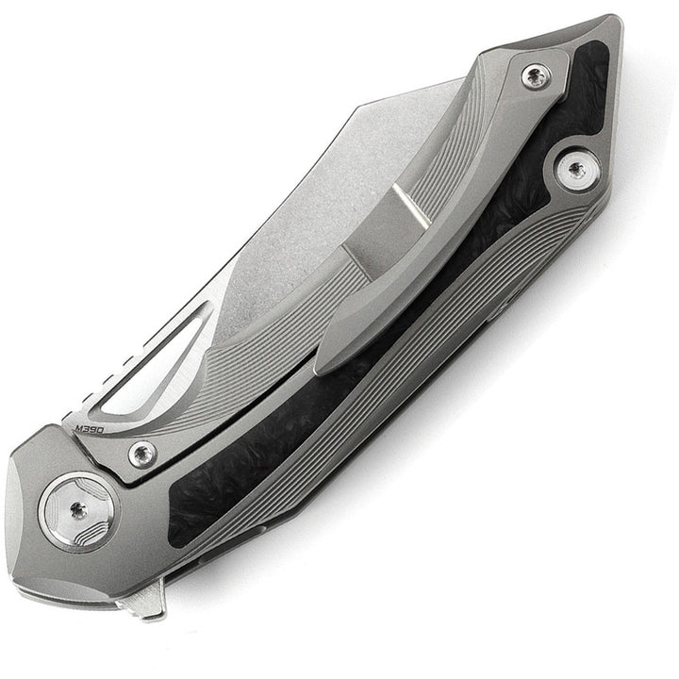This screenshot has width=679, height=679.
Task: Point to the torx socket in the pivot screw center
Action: point(77,510)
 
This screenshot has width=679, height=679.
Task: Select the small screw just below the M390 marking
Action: point(142,454)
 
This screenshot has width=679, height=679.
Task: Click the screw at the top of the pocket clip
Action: point(538,77)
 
